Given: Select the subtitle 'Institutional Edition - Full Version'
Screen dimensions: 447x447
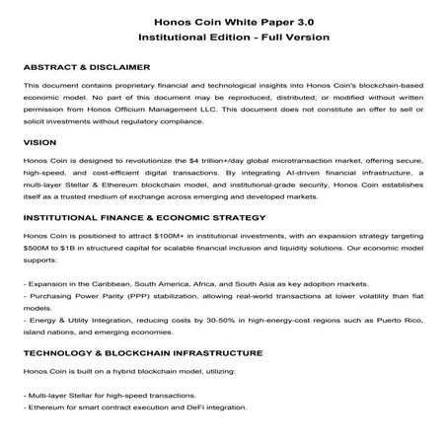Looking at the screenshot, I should click(223, 37).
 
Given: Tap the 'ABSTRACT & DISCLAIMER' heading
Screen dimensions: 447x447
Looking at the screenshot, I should click(86, 68).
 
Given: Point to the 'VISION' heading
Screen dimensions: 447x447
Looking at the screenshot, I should click(39, 143).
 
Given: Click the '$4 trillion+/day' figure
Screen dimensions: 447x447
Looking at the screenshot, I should click(225, 159).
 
